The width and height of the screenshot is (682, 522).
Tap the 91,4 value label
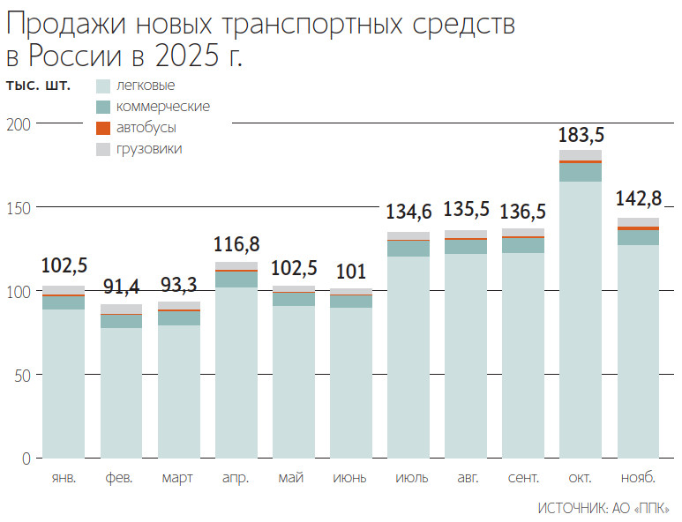pyautogui.click(x=121, y=287)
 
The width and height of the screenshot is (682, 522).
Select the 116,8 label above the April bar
pyautogui.click(x=236, y=244)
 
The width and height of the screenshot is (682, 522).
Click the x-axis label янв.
pyautogui.click(x=64, y=478)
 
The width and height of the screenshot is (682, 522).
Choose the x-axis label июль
pyautogui.click(x=408, y=478)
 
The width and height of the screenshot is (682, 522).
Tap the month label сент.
pyautogui.click(x=523, y=478)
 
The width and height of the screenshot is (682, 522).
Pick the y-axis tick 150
pyautogui.click(x=19, y=208)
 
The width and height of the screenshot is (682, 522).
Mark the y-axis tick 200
pyautogui.click(x=19, y=124)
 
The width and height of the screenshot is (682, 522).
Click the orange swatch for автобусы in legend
pyautogui.click(x=102, y=128)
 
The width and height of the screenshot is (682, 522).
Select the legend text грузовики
pyautogui.click(x=149, y=149)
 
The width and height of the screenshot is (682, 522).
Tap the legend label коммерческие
pyautogui.click(x=162, y=107)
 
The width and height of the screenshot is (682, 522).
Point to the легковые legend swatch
pyautogui.click(x=102, y=86)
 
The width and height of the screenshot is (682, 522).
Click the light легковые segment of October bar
pyautogui.click(x=581, y=317)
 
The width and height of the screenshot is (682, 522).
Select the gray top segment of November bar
pyautogui.click(x=638, y=222)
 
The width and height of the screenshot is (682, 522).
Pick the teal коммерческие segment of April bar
pyautogui.click(x=236, y=279)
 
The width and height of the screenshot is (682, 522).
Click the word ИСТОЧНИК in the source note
pyautogui.click(x=570, y=509)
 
